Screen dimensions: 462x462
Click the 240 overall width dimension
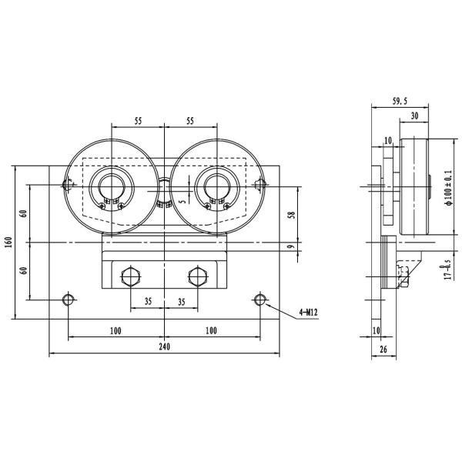164,346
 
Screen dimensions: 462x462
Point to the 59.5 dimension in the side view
400,100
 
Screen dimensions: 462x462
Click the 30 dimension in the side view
415,115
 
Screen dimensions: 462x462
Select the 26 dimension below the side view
383,350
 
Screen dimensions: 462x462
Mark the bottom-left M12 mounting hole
69,299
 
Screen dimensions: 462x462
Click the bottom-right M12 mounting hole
260,299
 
